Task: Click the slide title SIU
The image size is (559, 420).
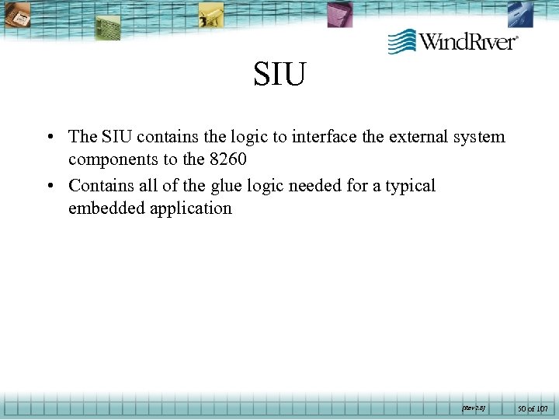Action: (279, 75)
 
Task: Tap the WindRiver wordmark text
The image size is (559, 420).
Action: (468, 40)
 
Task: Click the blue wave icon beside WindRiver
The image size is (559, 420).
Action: (402, 40)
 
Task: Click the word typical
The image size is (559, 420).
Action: (411, 187)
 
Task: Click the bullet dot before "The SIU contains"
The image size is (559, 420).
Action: (49, 138)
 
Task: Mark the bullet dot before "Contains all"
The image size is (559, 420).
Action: (49, 187)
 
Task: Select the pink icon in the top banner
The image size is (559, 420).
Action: (339, 13)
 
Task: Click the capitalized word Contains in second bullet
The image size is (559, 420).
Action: (97, 186)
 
